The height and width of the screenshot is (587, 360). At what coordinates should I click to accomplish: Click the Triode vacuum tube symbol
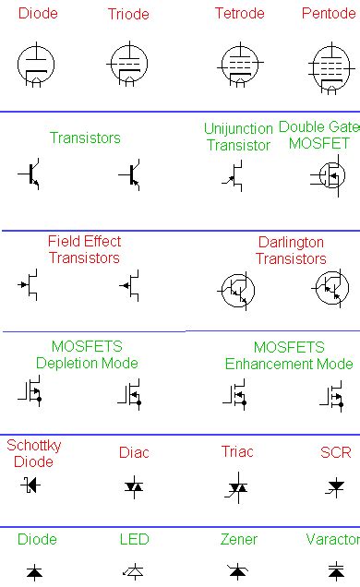coord(127,65)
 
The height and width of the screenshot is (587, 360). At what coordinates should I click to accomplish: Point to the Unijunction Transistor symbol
coord(236,175)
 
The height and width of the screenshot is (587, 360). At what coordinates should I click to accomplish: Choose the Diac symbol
coord(134,485)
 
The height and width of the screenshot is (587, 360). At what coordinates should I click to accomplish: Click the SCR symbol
coord(335,485)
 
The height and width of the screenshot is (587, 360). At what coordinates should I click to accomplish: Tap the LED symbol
coord(134,571)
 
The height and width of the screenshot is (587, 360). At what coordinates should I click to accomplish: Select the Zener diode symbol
coord(237,571)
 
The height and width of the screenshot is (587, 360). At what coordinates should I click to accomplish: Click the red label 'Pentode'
coord(328,14)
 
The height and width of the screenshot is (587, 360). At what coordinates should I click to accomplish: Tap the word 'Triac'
coord(237,452)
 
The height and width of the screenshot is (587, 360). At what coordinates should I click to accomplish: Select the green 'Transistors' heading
coord(85,138)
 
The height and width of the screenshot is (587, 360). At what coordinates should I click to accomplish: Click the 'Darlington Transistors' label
coord(291,250)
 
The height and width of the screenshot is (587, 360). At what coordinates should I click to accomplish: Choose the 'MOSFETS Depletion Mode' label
coord(87,355)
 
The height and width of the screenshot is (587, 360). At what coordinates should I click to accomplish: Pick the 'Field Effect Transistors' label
coord(84,249)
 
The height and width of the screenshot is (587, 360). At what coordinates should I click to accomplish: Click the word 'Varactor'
coord(333,539)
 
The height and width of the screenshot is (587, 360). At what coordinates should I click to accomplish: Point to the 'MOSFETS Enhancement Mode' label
coord(289,355)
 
